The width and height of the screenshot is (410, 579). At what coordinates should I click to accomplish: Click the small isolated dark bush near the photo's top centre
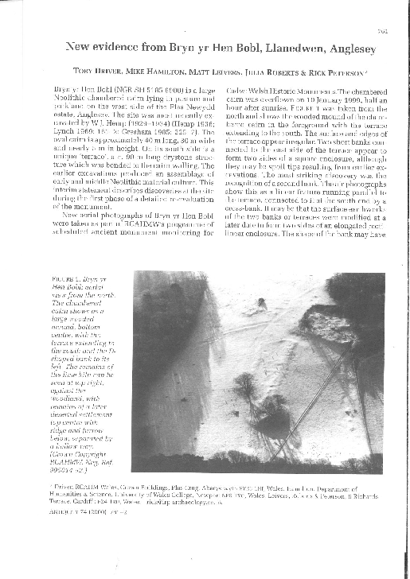pos(262,302)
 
